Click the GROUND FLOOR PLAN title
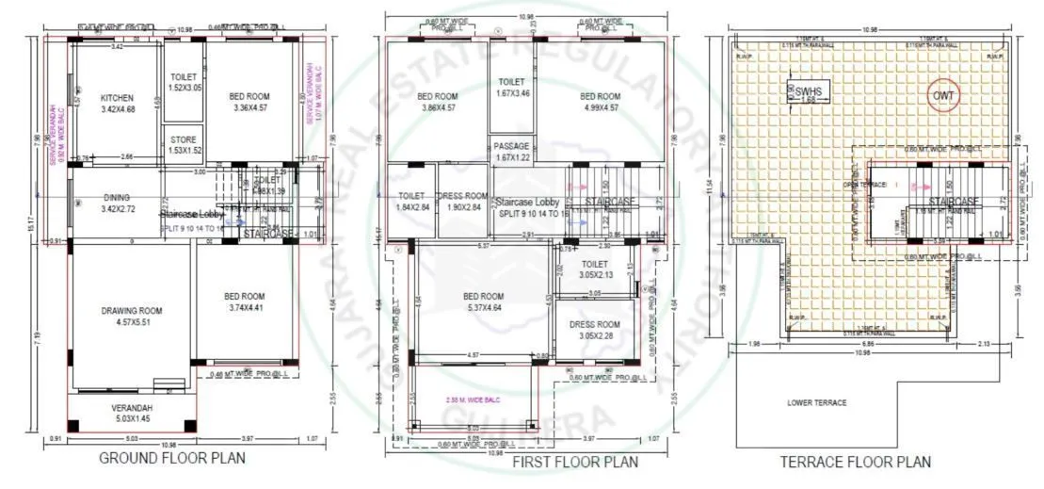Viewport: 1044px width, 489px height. pyautogui.click(x=172, y=459)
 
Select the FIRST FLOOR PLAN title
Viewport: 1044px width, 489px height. pyautogui.click(x=574, y=462)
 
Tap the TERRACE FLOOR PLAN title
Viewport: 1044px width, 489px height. pyautogui.click(x=855, y=462)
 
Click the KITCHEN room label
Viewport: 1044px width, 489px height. pyautogui.click(x=118, y=97)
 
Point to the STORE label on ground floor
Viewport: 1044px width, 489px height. pyautogui.click(x=184, y=139)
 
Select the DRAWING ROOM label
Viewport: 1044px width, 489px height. pyautogui.click(x=132, y=310)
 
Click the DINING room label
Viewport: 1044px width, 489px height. pyautogui.click(x=118, y=198)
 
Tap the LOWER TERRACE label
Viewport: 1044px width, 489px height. pyautogui.click(x=816, y=402)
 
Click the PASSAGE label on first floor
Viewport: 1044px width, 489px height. pyautogui.click(x=512, y=146)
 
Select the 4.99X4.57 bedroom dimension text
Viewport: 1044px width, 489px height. pyautogui.click(x=600, y=108)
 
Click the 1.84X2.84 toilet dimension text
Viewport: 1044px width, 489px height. pyautogui.click(x=412, y=207)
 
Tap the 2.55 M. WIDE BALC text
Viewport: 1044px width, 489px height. pyautogui.click(x=473, y=399)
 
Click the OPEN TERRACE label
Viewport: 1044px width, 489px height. pyautogui.click(x=867, y=185)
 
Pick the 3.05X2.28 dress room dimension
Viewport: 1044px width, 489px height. pyautogui.click(x=594, y=335)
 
